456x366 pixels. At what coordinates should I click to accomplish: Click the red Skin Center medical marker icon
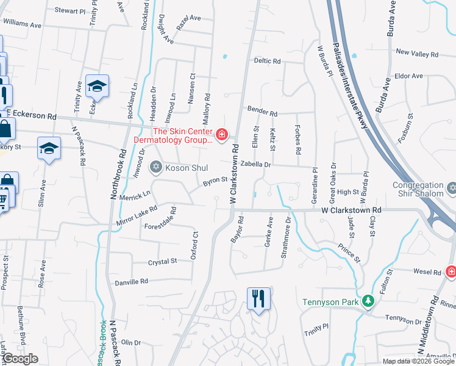(222, 134)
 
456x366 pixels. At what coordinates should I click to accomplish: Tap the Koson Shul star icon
(155, 167)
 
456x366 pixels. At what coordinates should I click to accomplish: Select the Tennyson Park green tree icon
(368, 301)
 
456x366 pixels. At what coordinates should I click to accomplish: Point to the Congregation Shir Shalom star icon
(452, 188)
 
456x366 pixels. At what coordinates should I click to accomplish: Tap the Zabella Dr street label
(255, 165)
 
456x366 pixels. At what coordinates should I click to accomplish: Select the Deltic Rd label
(267, 62)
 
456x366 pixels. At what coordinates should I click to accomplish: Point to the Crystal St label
(162, 261)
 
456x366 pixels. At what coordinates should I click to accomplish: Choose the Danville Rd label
(131, 282)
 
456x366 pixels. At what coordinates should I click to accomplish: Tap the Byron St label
(215, 181)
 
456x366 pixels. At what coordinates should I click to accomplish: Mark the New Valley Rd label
(417, 54)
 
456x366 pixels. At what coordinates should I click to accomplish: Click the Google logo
(20, 359)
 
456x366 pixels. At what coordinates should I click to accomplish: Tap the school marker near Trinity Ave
(96, 87)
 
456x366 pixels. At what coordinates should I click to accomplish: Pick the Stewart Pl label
(70, 11)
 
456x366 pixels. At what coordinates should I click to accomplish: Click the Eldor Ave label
(408, 76)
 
